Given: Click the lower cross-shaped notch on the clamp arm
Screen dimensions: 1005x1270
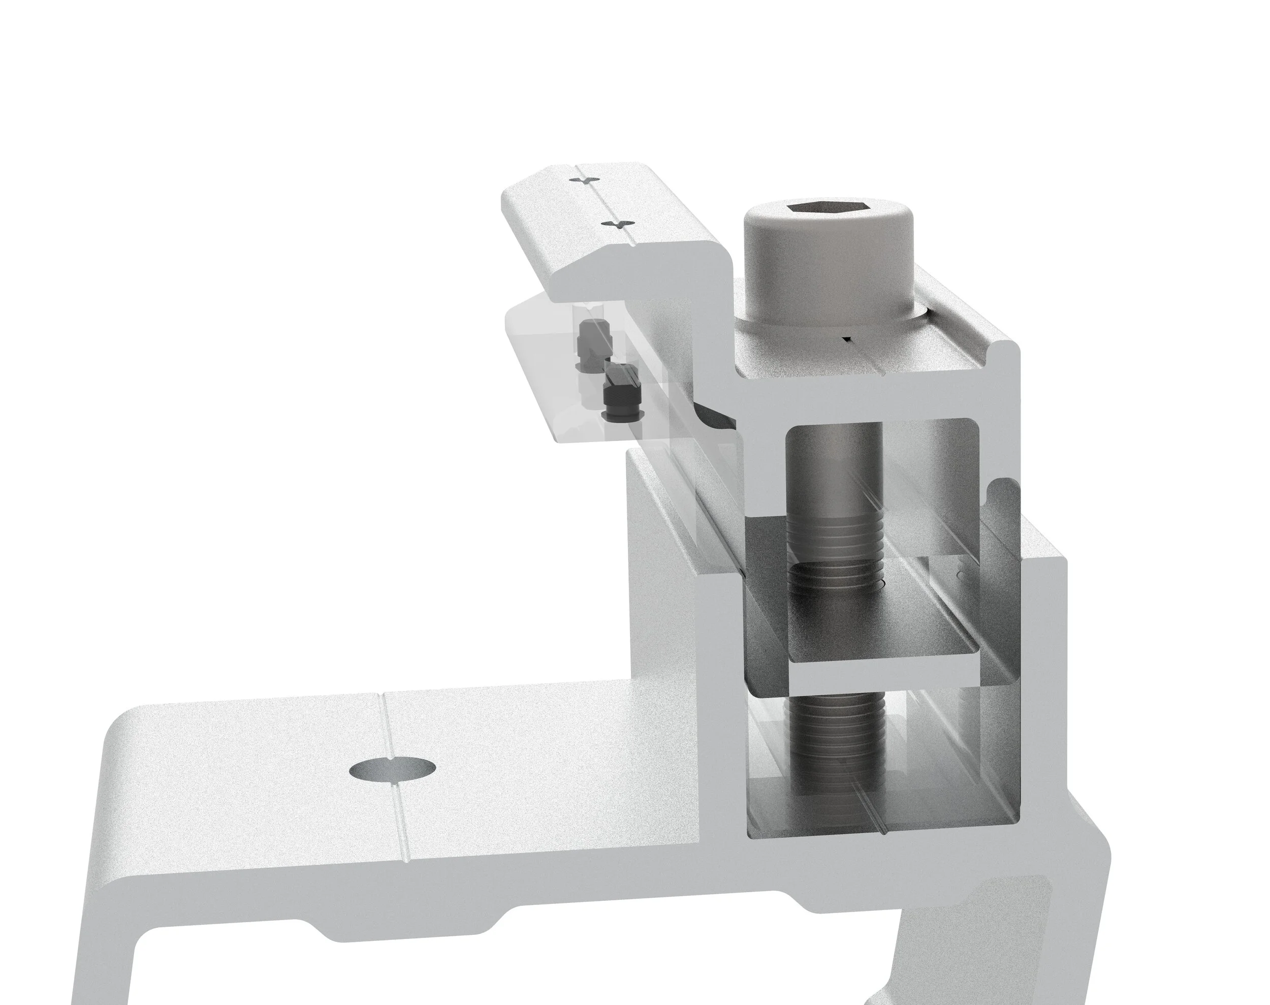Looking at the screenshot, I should [618, 224].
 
